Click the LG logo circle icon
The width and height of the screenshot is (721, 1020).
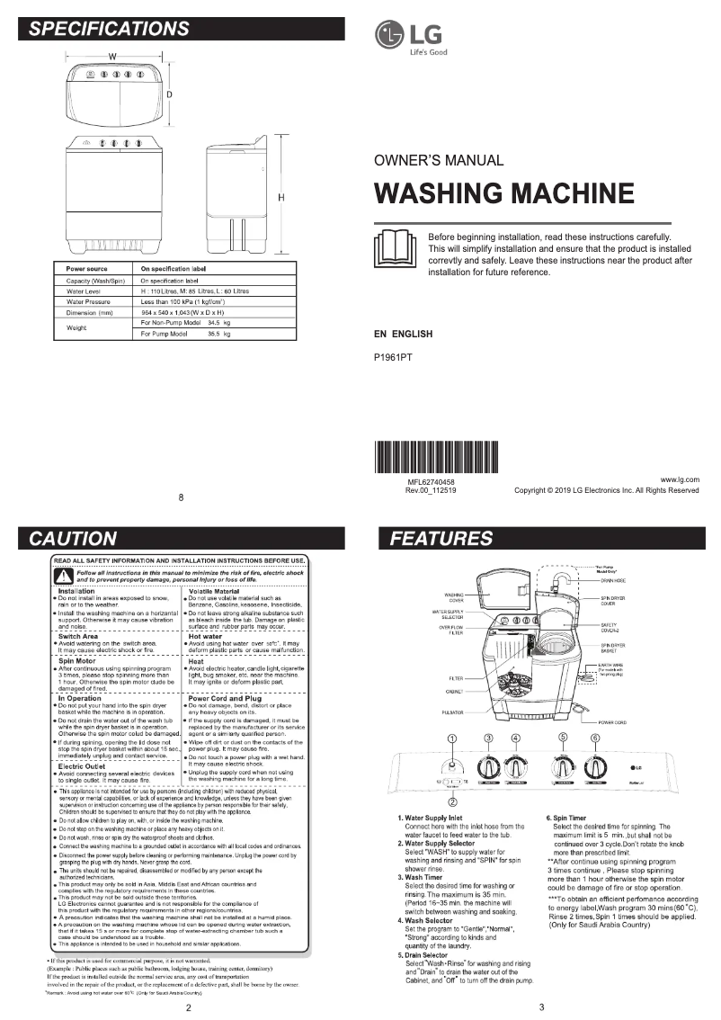tap(390, 37)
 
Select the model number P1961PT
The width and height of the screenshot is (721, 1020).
tap(393, 357)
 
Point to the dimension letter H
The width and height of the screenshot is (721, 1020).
tap(281, 197)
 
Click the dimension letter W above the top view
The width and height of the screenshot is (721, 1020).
tap(112, 57)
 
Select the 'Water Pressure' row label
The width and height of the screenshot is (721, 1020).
tap(87, 302)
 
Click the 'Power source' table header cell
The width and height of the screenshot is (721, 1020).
tap(87, 269)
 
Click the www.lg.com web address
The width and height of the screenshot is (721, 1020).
tap(680, 479)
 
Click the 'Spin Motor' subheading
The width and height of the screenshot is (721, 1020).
tap(84, 660)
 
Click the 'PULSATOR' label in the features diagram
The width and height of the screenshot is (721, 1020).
tap(451, 711)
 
